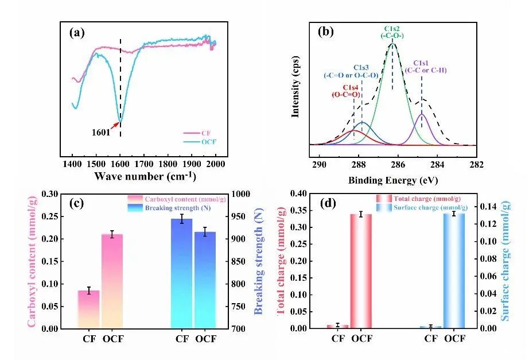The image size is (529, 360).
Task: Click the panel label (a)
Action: point(77,33)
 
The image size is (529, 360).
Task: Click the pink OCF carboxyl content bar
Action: point(112,281)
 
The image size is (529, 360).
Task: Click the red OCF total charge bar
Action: point(361,271)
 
